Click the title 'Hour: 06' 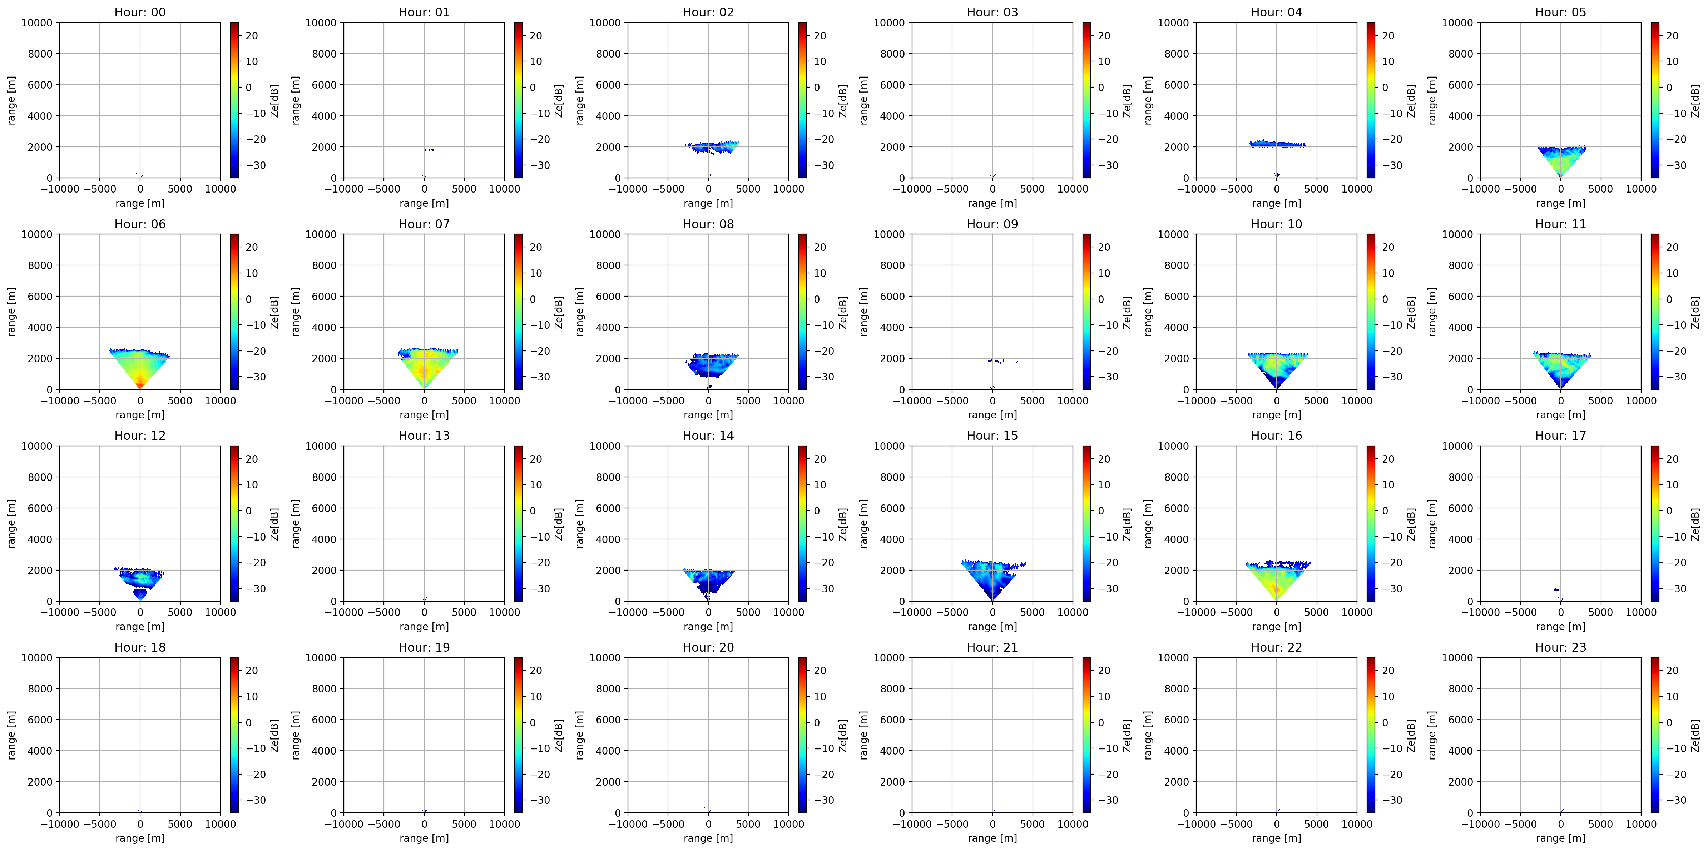(140, 224)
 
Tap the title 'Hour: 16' (1276, 436)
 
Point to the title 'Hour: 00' (140, 12)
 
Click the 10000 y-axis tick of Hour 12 (37, 446)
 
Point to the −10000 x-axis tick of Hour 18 (60, 824)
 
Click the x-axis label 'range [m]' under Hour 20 (708, 838)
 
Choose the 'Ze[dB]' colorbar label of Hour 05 (1695, 100)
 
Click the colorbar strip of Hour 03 (1087, 100)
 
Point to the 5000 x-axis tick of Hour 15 (1033, 612)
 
